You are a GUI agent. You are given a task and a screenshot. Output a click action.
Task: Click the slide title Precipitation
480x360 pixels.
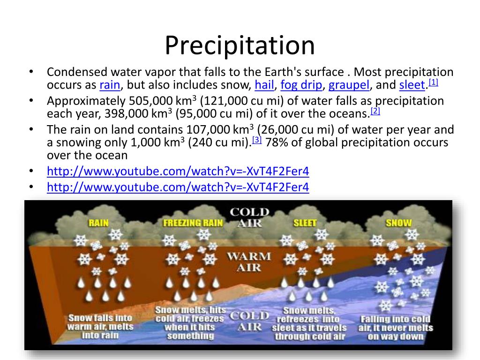tap(240, 45)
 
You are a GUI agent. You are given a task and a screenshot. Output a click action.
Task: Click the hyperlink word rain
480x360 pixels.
tap(110, 85)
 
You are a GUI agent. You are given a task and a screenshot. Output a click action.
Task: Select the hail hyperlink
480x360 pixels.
tap(264, 85)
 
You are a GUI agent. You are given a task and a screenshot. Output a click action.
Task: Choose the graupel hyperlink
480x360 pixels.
tap(349, 85)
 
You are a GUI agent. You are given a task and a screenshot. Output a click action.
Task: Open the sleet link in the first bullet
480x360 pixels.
tap(412, 85)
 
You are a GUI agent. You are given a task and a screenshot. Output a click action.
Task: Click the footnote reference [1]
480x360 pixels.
tap(433, 82)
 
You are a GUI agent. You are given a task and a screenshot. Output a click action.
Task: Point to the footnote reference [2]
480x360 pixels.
tap(375, 111)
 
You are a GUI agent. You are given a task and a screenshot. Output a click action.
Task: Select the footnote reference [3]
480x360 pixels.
tap(256, 140)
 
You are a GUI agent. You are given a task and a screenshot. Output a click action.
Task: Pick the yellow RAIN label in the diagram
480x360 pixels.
tap(98, 223)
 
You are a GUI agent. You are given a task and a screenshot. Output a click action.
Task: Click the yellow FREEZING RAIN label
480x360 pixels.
tap(193, 223)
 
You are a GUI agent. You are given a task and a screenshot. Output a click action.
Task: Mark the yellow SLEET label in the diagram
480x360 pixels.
tap(305, 223)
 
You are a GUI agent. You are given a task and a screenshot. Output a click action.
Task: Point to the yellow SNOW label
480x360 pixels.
tap(398, 223)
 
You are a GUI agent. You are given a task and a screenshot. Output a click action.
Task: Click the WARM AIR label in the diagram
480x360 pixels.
tap(249, 262)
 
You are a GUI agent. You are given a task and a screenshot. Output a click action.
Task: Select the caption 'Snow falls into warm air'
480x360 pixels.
tap(100, 327)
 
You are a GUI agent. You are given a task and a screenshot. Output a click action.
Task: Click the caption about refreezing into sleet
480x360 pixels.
tap(309, 323)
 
